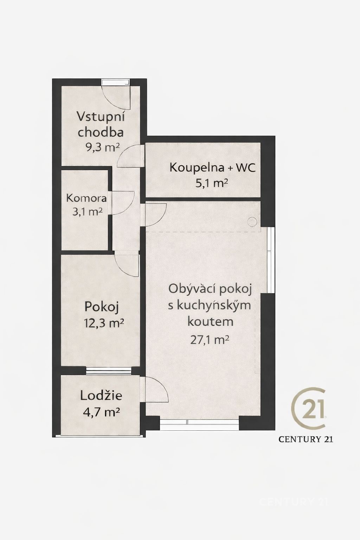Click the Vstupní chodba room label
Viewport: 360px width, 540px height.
coord(101,124)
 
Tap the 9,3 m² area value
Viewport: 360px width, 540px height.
coord(103,147)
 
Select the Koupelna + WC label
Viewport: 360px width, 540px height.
coord(212,168)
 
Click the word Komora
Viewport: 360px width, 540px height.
coord(86,198)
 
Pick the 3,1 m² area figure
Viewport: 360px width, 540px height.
coord(87,212)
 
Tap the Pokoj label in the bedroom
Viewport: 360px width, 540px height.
coord(102,307)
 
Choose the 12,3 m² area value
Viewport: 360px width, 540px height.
coord(104,323)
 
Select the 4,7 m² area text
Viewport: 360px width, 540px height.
coord(101,412)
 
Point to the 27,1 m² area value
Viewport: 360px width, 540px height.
coord(210,340)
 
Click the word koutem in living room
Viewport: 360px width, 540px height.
coord(210,322)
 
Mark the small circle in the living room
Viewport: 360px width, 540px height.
coord(252,221)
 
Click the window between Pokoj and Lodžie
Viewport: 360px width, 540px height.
coord(109,371)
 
